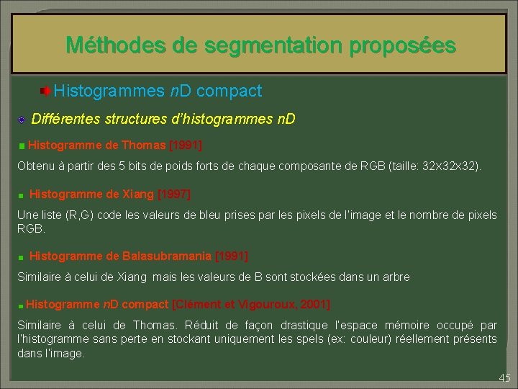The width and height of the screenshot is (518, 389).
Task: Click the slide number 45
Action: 504,378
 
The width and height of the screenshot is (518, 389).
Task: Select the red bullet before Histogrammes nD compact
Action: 45,91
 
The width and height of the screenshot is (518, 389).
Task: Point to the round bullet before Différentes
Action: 22,119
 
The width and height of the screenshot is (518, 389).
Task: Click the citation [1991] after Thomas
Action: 185,145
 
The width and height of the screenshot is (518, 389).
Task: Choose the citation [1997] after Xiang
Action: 173,194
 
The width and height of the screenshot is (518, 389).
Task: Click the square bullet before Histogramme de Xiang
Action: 22,195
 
